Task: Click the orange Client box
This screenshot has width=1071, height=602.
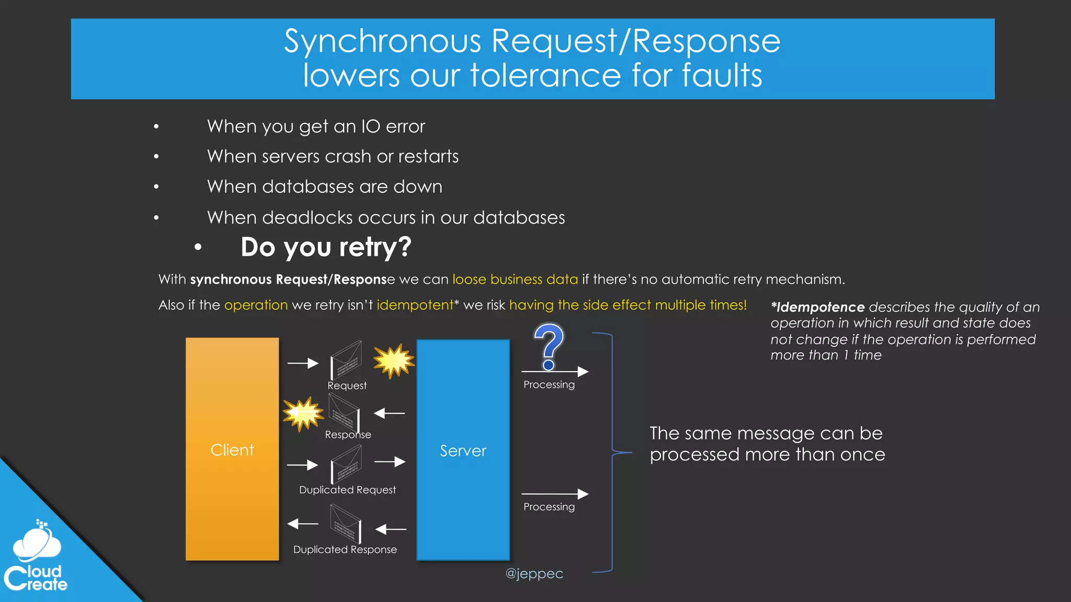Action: tap(232, 449)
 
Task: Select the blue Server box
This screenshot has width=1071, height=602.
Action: tap(463, 450)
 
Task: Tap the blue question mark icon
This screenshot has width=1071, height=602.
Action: tap(549, 345)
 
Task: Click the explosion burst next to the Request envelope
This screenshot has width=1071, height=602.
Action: tap(394, 360)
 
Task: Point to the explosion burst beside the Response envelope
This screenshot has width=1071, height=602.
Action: tap(303, 413)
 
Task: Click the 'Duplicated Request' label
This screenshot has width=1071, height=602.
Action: tap(347, 490)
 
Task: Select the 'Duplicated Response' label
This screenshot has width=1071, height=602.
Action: tap(345, 549)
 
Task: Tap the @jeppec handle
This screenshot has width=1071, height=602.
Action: tap(534, 573)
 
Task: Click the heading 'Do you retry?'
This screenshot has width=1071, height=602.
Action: tap(326, 247)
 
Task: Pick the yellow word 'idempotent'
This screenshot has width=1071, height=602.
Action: tap(415, 305)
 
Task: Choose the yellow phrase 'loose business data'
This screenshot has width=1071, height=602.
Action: tap(515, 279)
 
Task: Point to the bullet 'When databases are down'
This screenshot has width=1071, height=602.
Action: tap(324, 187)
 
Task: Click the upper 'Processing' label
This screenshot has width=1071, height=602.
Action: tap(549, 385)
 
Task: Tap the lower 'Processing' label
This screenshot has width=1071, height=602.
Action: tap(549, 507)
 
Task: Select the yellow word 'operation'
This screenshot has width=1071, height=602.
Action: tap(256, 305)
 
